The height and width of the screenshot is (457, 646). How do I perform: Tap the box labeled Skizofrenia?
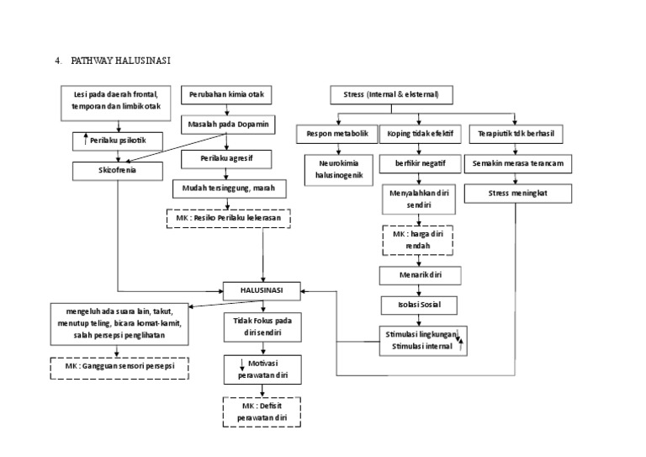tap(116, 169)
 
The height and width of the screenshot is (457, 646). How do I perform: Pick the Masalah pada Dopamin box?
tap(228, 125)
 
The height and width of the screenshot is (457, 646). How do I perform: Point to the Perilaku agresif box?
tap(228, 157)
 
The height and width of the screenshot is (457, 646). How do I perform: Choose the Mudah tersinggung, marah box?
tap(228, 188)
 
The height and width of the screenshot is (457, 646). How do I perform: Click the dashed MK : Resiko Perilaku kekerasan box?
tap(229, 219)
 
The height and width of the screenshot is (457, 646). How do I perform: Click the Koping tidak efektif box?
tap(420, 134)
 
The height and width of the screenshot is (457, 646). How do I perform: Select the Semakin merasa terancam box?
tap(517, 163)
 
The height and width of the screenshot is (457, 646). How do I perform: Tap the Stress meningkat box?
tap(517, 194)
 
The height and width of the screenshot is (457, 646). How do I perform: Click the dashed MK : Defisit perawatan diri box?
tap(262, 411)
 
